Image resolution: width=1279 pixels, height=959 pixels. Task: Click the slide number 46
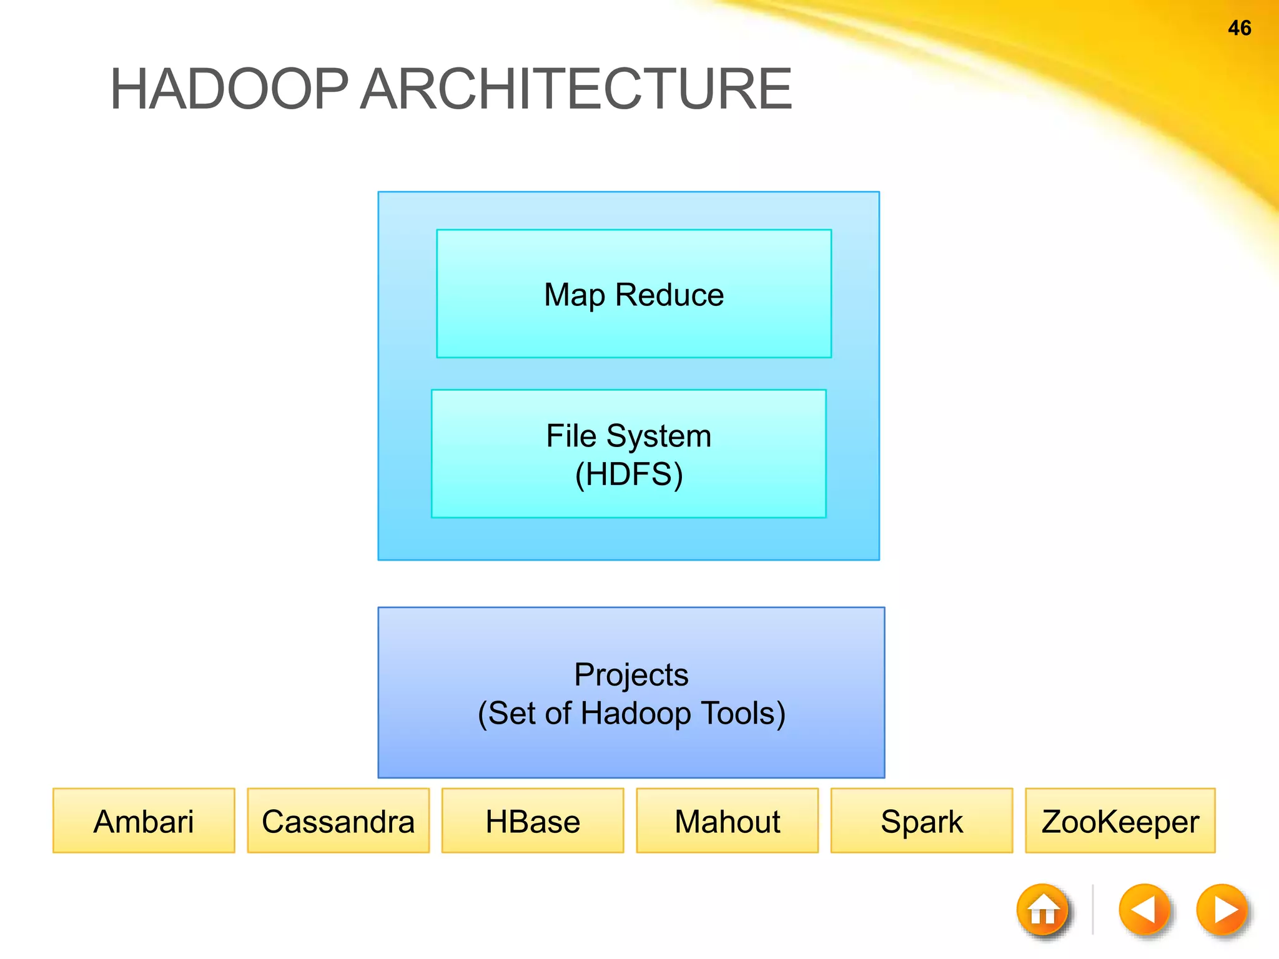(1239, 28)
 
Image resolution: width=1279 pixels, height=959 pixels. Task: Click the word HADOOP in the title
(229, 89)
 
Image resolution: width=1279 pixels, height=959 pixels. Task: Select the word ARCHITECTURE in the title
(576, 89)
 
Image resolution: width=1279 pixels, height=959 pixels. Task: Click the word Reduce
(669, 295)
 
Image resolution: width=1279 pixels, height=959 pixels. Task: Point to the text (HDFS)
(629, 475)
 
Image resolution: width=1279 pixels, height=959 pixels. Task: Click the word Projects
(631, 675)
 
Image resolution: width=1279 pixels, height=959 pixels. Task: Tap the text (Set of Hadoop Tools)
(631, 714)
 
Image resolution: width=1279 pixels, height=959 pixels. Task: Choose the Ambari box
(144, 821)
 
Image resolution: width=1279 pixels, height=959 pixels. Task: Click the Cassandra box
(338, 821)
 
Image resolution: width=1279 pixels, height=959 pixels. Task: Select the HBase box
(533, 821)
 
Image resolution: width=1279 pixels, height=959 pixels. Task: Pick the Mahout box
(727, 821)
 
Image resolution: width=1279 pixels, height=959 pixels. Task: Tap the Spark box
(921, 821)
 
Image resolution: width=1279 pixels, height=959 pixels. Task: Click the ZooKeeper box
(1120, 821)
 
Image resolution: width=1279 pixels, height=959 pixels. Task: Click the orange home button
(1042, 910)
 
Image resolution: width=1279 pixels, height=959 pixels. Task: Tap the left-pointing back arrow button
(1144, 910)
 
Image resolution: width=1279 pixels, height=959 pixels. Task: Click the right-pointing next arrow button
(1222, 910)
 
